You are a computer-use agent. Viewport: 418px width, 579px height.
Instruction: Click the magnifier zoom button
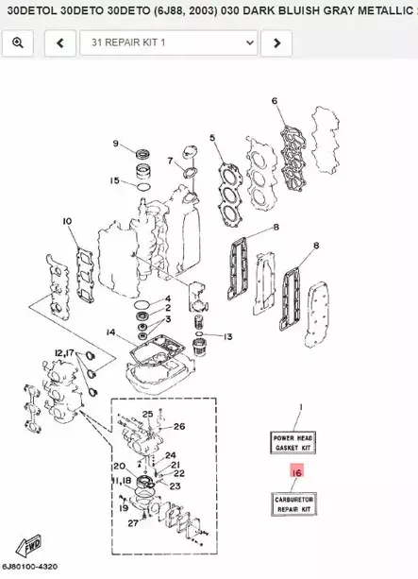click(17, 43)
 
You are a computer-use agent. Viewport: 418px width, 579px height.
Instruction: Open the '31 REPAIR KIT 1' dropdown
click(169, 43)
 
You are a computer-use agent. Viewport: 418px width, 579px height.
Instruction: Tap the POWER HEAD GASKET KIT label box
click(293, 442)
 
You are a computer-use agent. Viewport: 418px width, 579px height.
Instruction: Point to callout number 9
click(116, 145)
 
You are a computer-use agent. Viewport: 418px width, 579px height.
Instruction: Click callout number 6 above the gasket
click(275, 101)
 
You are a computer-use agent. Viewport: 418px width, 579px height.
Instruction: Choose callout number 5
click(212, 138)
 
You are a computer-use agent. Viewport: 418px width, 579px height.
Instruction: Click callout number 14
click(110, 332)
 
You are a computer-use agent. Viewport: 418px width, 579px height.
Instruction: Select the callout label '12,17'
click(63, 353)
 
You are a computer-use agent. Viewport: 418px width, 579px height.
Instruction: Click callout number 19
click(123, 508)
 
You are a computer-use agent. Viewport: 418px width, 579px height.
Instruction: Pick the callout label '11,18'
click(122, 481)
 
